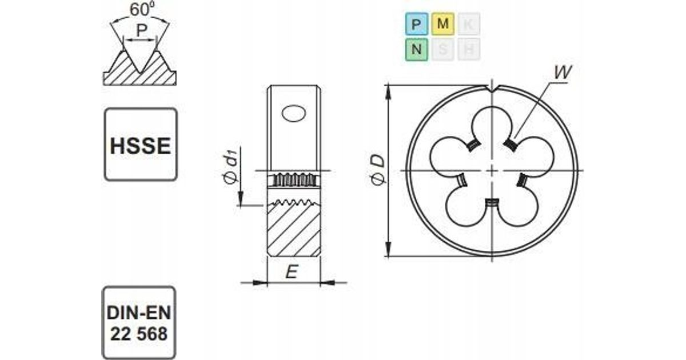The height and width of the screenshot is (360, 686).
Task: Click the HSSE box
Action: coord(141,144)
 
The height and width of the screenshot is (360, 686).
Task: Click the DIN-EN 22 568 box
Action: coord(141,323)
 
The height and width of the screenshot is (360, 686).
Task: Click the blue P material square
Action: coord(416,25)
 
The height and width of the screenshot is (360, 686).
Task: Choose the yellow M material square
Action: coord(443,25)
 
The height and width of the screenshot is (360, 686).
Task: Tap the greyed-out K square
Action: coord(469,25)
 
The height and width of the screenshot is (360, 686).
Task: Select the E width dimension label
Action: coord(291,273)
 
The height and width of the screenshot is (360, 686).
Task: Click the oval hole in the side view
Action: coord(294,113)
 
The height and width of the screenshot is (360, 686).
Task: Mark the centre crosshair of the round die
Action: coord(492,170)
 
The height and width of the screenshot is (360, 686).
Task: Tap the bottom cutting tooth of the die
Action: coord(492,203)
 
